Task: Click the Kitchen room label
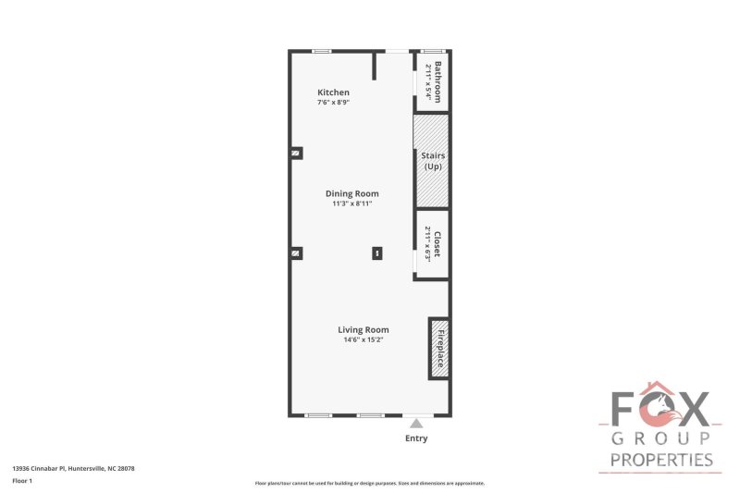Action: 333,92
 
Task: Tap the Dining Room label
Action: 351,193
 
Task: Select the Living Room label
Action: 363,329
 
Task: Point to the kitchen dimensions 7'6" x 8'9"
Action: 333,103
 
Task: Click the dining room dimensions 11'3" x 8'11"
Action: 351,203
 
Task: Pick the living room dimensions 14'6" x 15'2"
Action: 363,339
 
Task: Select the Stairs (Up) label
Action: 432,161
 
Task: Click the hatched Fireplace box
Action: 438,349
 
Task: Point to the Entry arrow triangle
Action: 416,424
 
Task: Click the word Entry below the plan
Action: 416,438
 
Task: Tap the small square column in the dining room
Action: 377,253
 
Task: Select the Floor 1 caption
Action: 22,482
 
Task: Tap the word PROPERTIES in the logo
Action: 660,460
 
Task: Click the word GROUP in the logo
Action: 660,438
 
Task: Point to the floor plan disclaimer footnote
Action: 369,483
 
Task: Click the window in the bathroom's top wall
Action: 432,51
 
